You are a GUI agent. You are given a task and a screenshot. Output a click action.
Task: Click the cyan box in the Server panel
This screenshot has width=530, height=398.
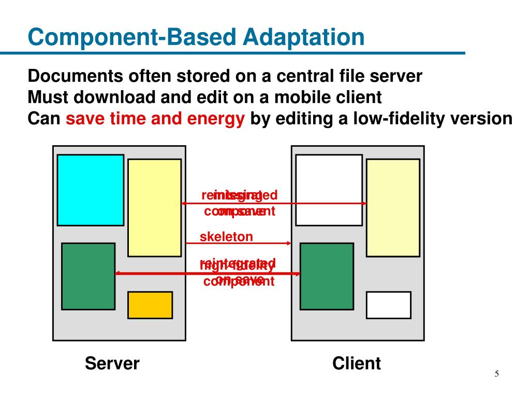[90, 190]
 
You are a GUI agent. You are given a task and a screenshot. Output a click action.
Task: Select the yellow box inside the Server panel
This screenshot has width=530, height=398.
[154, 207]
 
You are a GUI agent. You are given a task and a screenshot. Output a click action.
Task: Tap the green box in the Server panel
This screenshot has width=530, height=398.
[88, 276]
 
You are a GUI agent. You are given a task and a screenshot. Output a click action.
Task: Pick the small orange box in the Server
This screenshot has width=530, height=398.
[150, 305]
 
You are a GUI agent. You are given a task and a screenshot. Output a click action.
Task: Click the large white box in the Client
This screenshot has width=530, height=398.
[329, 190]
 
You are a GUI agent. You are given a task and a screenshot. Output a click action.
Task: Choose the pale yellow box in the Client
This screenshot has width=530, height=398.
[393, 207]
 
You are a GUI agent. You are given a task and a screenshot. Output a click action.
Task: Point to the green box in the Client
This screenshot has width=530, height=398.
[327, 276]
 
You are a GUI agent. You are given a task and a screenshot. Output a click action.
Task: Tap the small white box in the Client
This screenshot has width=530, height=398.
[389, 305]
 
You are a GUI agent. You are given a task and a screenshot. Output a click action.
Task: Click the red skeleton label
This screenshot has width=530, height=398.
[226, 237]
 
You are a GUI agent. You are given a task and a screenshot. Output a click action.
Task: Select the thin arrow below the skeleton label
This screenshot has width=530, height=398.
[238, 243]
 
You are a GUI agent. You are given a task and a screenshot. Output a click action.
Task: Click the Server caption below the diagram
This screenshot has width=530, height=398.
[112, 363]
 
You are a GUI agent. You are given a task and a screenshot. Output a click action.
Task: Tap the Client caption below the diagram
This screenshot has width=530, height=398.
[357, 363]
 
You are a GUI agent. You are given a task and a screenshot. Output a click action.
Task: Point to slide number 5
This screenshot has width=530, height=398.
[496, 375]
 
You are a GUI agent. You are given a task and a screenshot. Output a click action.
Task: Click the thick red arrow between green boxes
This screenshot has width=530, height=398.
[207, 273]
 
